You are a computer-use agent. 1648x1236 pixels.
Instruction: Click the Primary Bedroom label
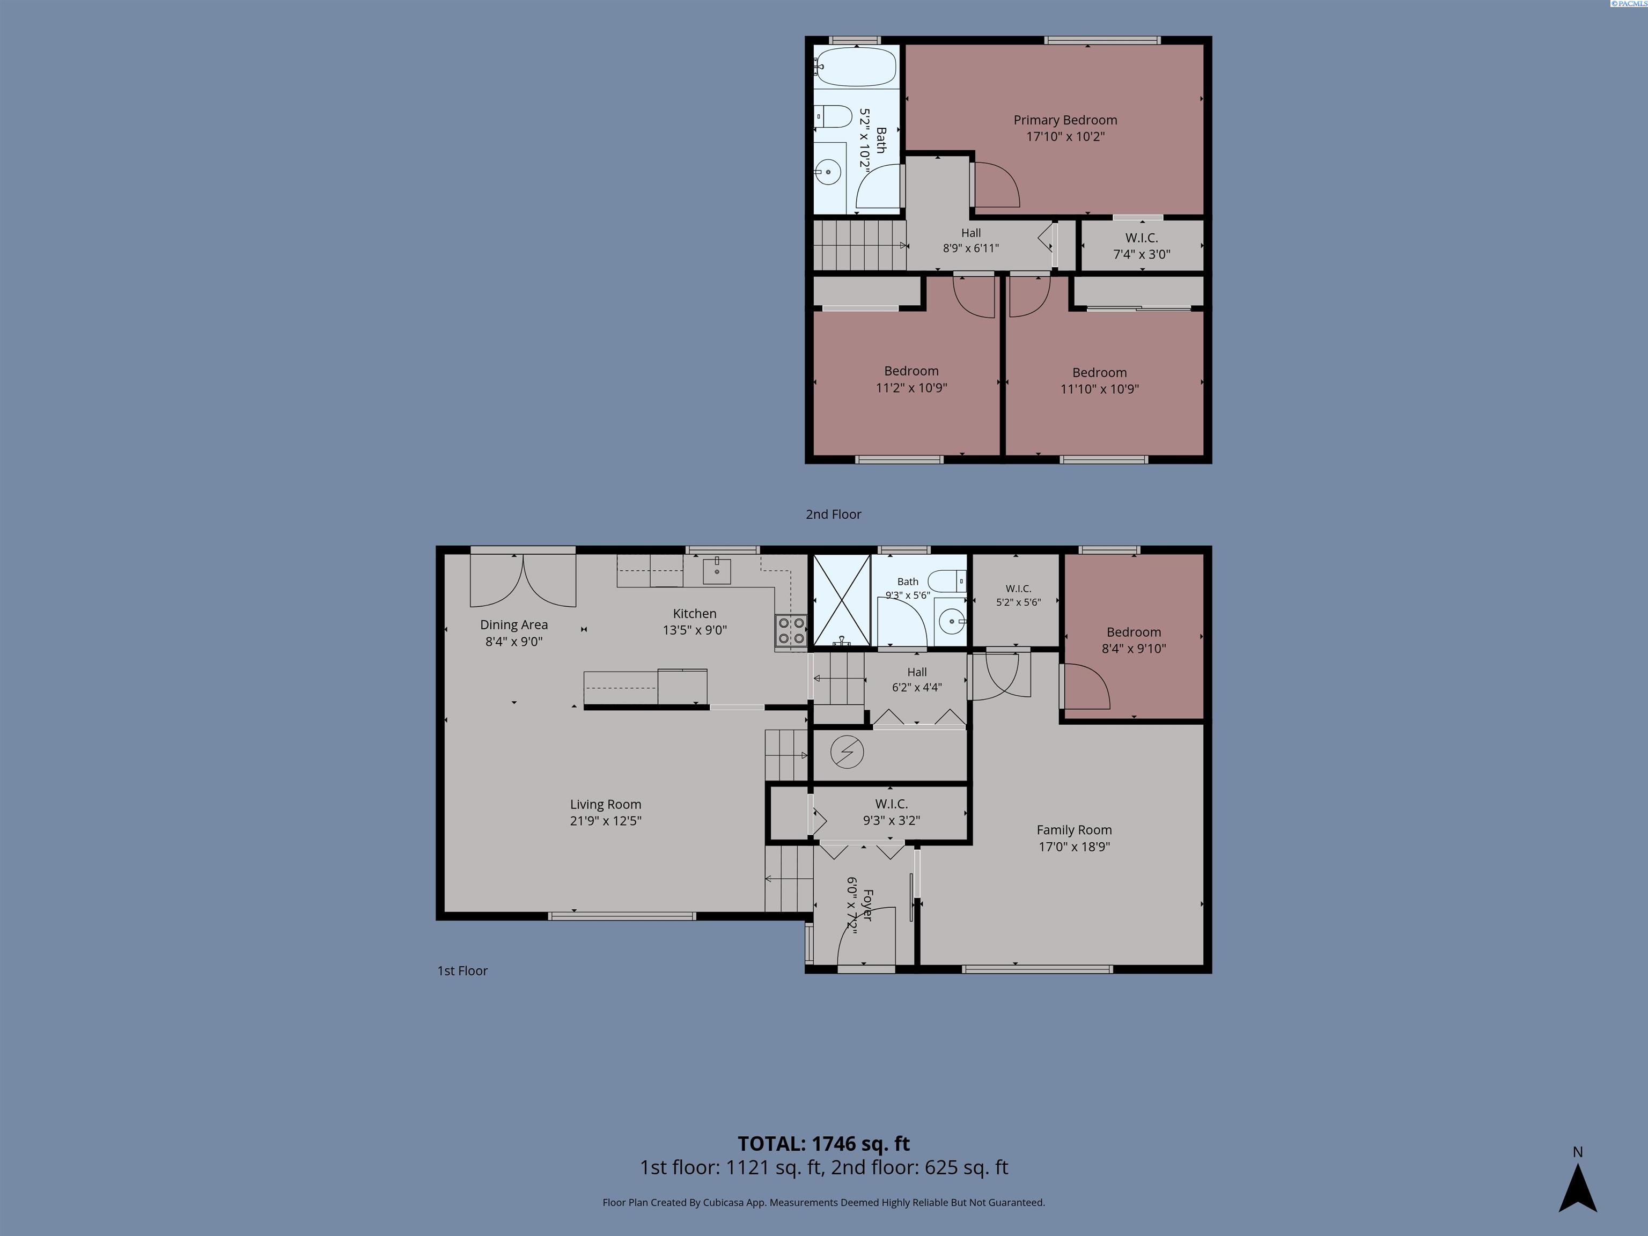1065,120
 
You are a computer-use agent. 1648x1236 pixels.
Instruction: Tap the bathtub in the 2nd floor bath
855,67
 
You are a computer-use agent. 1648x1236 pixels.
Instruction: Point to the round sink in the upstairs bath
828,172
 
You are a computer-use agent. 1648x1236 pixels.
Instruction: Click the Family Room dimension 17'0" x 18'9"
1075,847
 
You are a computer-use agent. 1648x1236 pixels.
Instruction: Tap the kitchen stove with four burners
791,630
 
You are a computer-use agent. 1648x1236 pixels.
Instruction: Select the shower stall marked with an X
841,600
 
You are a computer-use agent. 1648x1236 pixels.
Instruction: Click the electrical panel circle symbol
847,753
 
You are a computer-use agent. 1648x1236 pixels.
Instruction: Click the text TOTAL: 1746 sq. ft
824,1144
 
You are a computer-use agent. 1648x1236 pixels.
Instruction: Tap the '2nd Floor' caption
833,514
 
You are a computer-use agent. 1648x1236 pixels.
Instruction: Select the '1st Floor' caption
462,971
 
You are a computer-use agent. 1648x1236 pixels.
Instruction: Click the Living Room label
606,805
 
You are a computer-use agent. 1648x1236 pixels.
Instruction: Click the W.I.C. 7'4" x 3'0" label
1142,246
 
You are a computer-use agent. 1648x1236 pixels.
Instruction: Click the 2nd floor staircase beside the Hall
858,245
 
